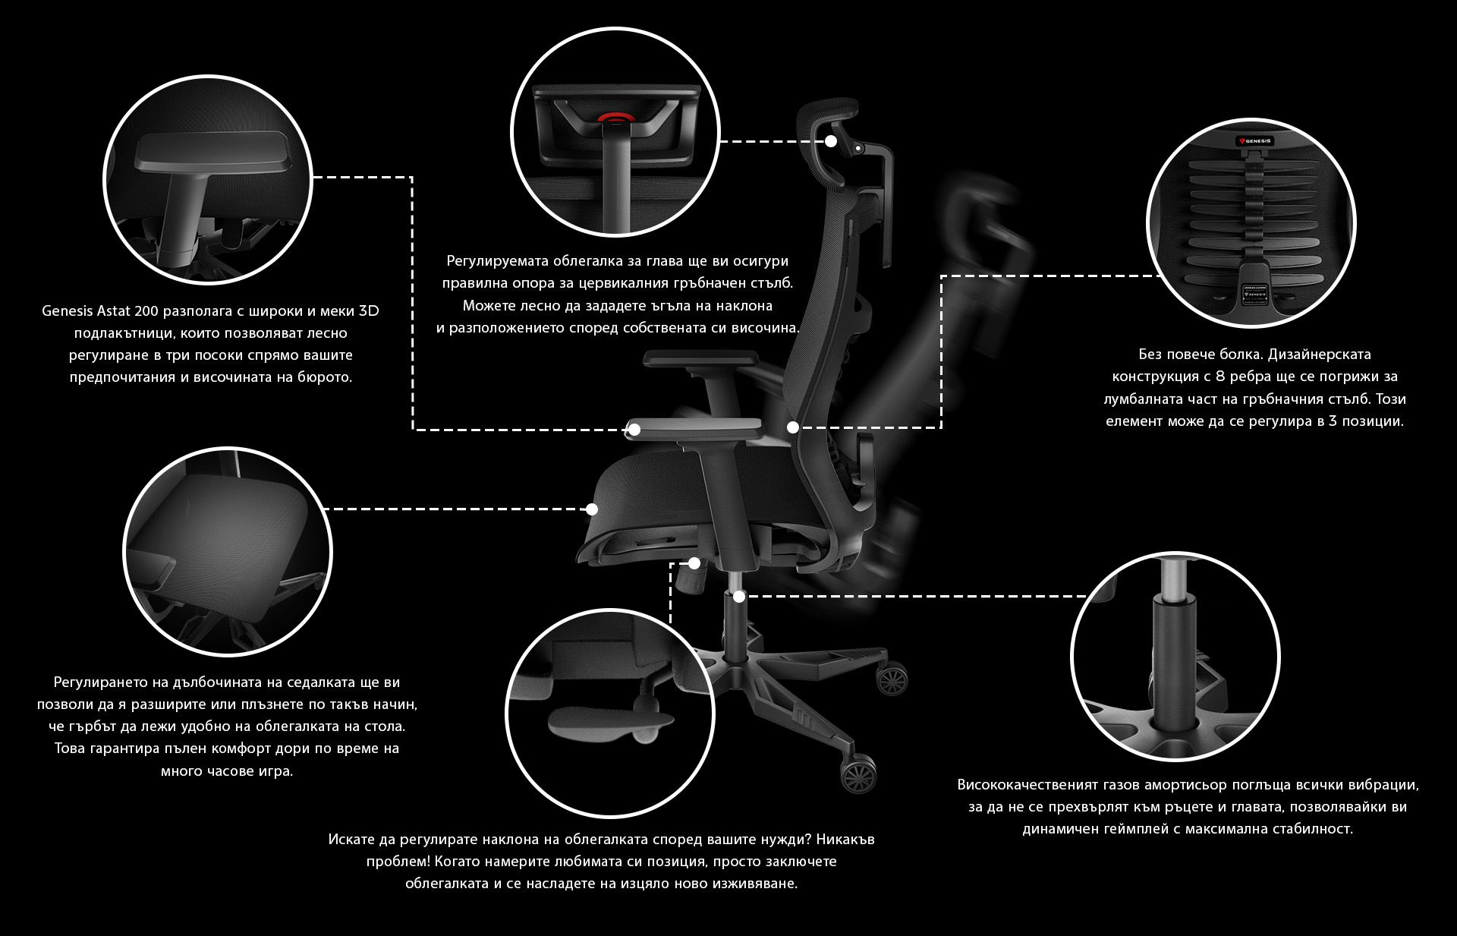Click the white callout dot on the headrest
831,141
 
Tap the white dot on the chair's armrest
634,430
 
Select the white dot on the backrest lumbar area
793,427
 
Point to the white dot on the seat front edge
592,509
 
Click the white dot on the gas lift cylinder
739,597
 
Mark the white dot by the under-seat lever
694,563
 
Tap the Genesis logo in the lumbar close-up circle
1254,140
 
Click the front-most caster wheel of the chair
858,774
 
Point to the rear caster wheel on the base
892,678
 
